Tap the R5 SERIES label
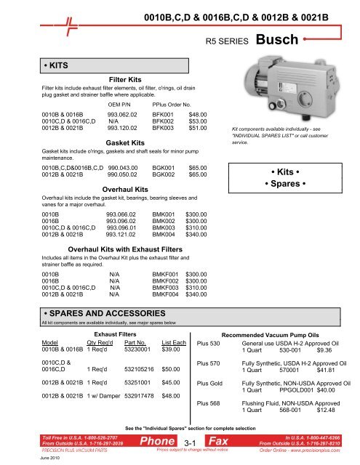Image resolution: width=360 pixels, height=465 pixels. tap(228, 41)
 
